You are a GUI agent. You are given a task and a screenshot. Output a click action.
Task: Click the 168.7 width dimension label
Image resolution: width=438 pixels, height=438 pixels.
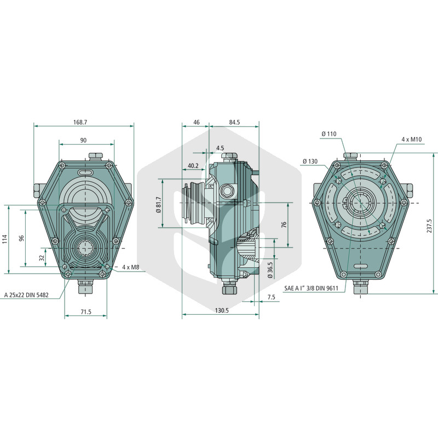(x=80, y=122)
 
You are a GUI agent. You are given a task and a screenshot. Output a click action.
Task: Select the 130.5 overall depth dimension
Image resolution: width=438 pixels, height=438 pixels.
(x=222, y=310)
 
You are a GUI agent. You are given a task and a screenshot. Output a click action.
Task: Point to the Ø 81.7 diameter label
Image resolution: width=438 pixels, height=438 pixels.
(x=159, y=205)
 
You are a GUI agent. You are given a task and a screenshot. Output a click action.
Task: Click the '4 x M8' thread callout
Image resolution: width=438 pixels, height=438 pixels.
(x=130, y=267)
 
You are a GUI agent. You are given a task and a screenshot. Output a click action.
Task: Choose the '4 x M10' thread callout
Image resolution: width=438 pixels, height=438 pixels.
(x=412, y=139)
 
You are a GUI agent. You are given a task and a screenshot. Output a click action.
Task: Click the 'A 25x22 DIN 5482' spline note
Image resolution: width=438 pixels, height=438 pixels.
(x=26, y=295)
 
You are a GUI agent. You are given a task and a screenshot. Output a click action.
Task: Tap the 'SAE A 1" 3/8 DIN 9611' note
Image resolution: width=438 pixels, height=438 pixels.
(x=311, y=289)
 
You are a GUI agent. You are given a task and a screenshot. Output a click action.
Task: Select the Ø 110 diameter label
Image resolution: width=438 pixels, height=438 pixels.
(x=329, y=134)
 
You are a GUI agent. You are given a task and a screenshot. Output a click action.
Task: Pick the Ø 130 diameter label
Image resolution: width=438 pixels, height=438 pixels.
(x=310, y=161)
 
